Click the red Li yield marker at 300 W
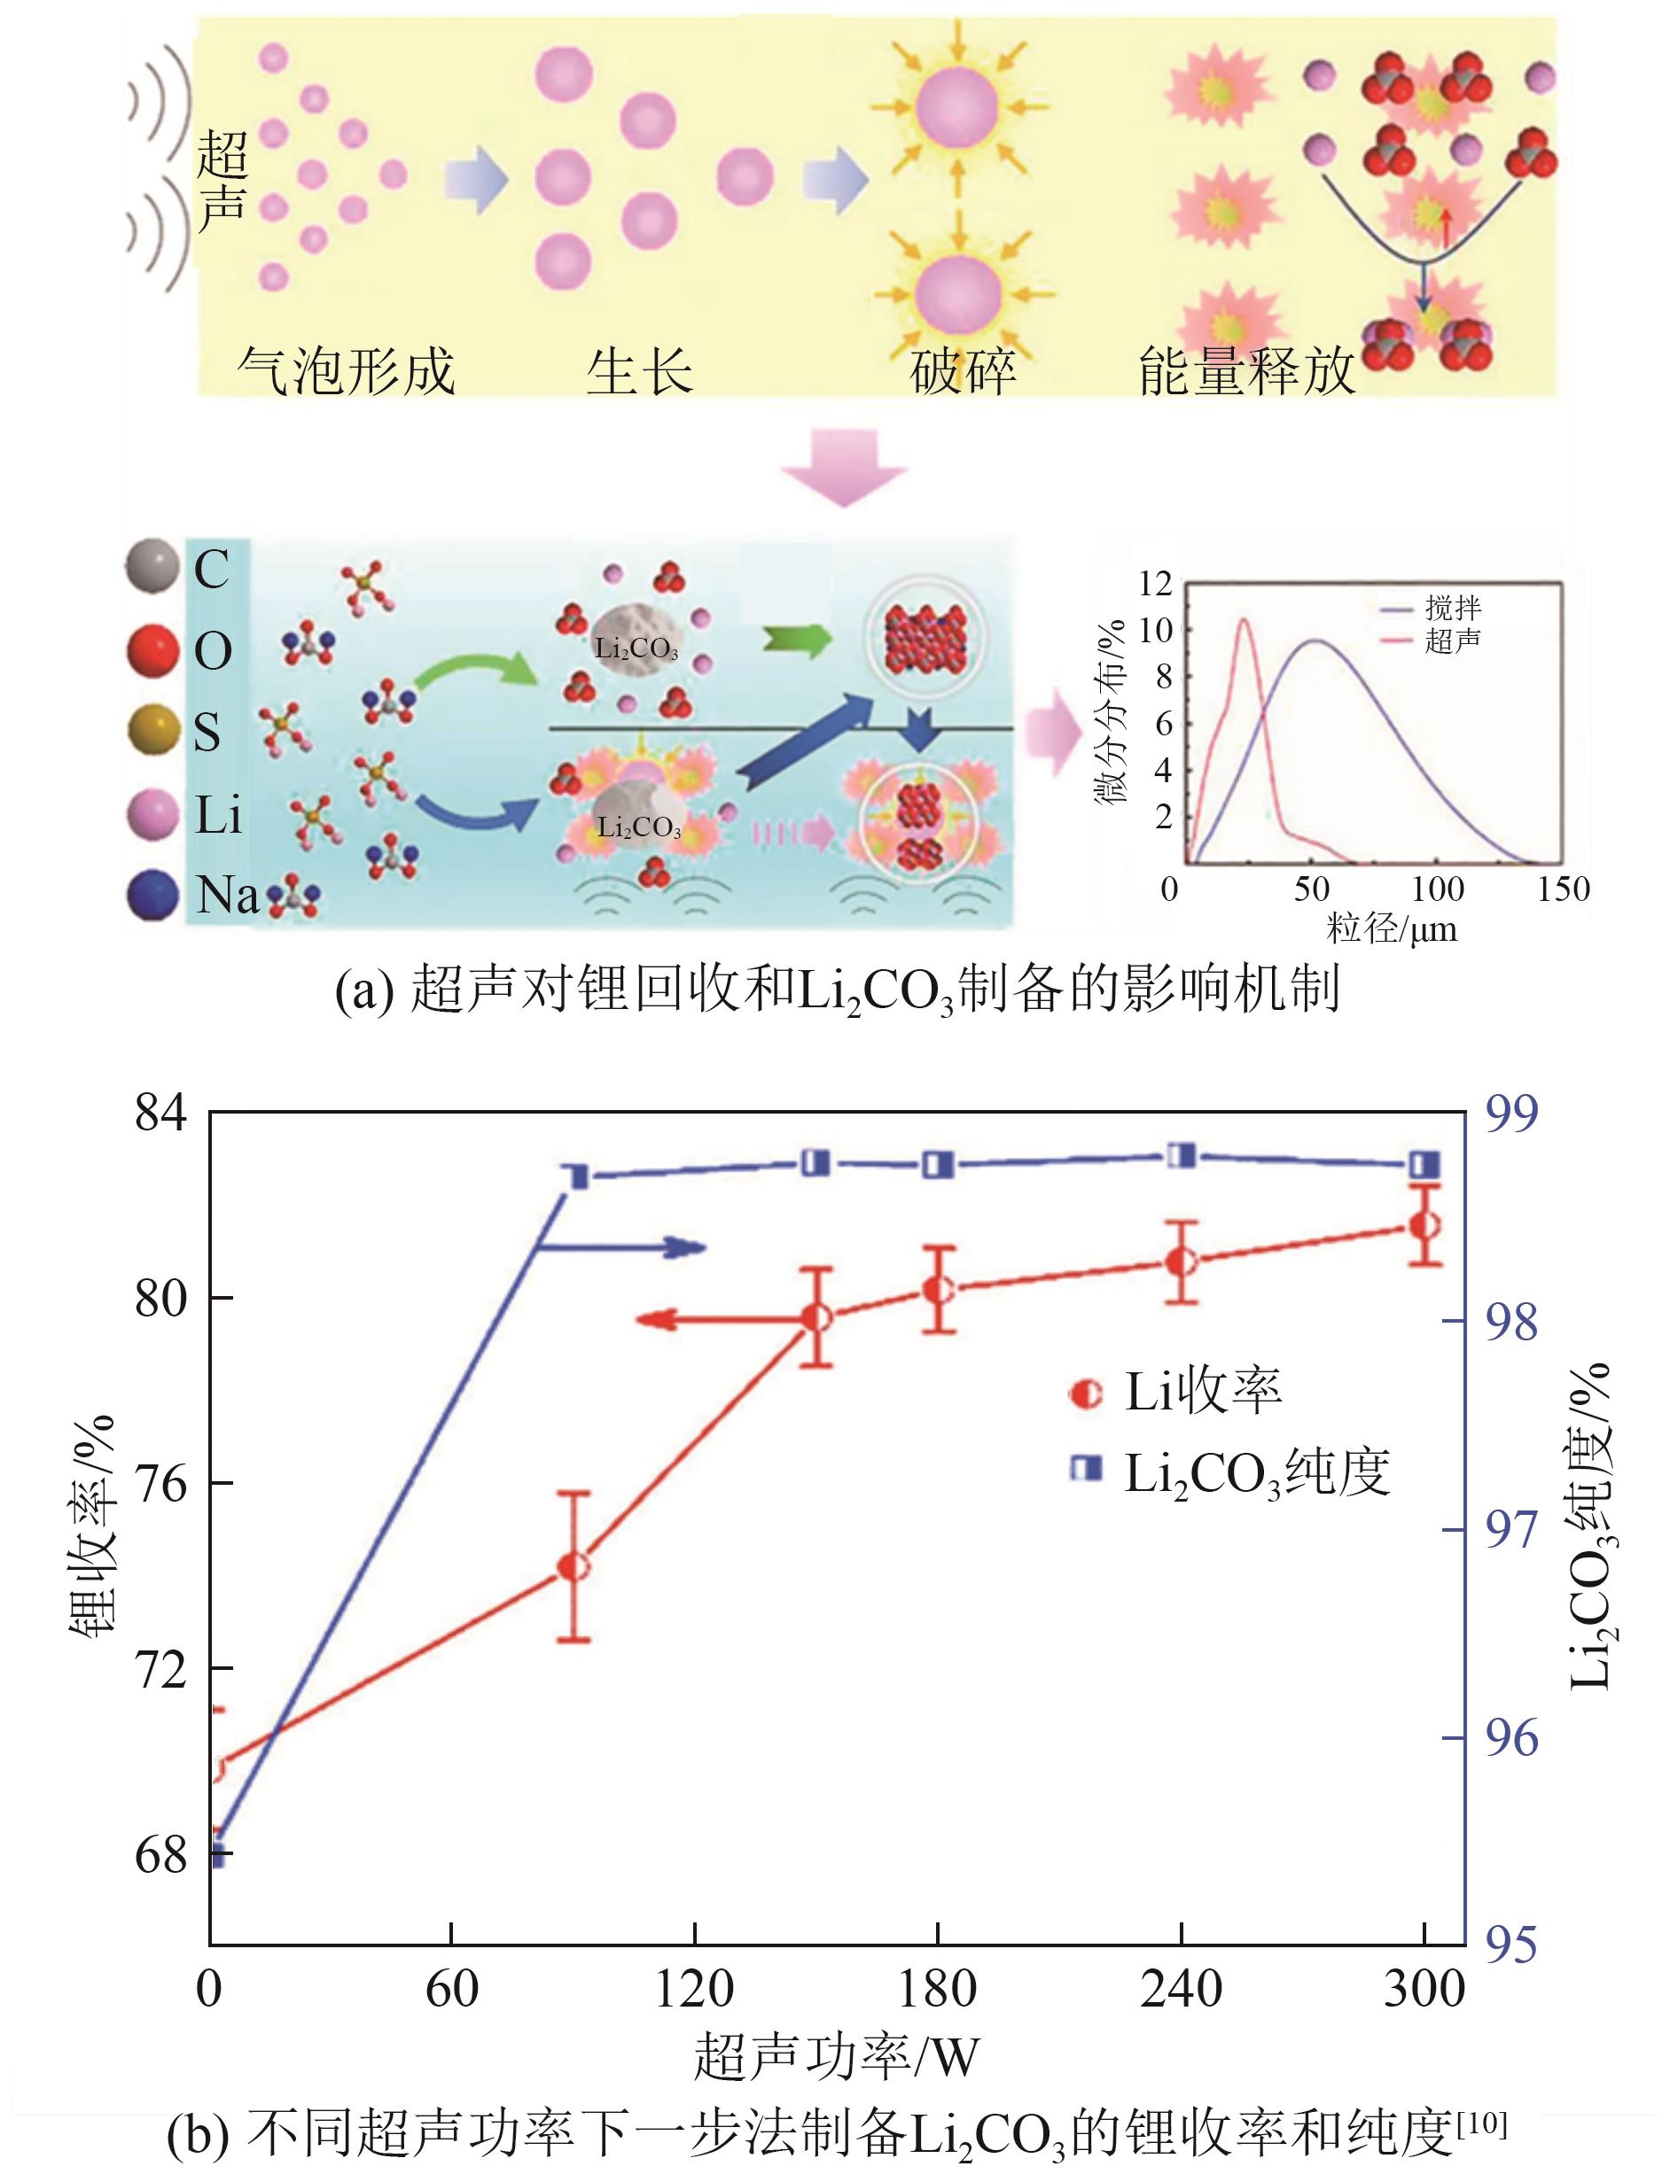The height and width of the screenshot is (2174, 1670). [x=1424, y=1225]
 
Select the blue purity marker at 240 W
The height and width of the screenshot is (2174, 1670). [x=1181, y=1155]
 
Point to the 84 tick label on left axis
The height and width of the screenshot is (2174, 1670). [x=161, y=1113]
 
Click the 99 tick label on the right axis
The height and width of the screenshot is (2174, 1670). [x=1511, y=1113]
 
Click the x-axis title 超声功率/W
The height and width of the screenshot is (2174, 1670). [x=836, y=2057]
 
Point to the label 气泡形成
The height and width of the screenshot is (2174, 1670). [x=345, y=371]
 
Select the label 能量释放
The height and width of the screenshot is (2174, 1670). [x=1246, y=371]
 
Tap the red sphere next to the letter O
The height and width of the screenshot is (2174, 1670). [x=152, y=651]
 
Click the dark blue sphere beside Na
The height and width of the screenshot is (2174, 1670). [x=152, y=894]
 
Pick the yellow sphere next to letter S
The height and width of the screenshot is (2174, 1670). [x=152, y=733]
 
